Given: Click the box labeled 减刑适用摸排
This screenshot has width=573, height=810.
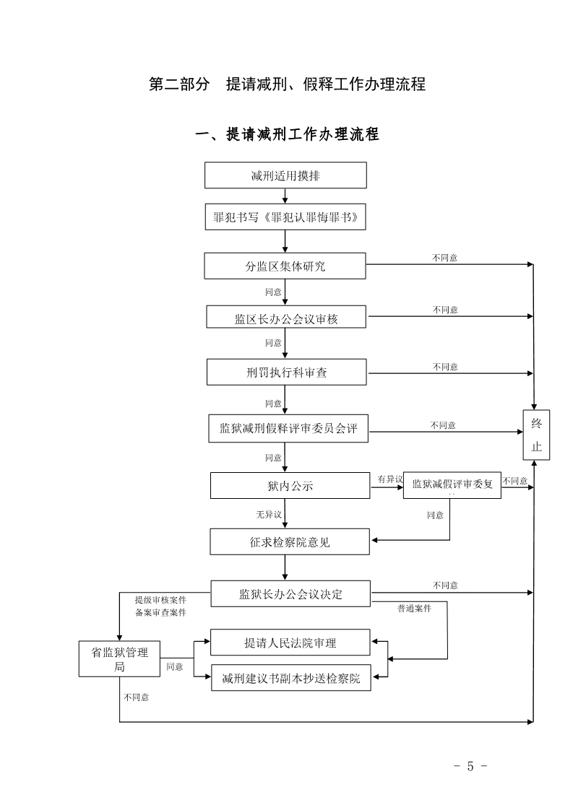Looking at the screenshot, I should click(x=285, y=175).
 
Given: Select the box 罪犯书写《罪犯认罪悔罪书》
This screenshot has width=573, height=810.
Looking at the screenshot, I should click(x=285, y=217).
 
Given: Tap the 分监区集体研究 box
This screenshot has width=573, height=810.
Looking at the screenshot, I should click(x=285, y=266).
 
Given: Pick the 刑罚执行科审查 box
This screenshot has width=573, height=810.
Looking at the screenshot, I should click(x=286, y=373).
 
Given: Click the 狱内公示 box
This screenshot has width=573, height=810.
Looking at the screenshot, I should click(x=290, y=486).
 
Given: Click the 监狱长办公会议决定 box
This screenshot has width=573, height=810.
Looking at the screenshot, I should click(x=290, y=594).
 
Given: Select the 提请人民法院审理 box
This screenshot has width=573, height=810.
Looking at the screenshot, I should click(x=290, y=642).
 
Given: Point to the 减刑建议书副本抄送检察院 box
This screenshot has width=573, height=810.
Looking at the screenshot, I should click(x=290, y=678).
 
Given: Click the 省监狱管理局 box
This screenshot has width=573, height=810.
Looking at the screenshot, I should click(x=119, y=658).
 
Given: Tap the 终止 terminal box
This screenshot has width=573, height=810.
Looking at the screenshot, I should click(x=536, y=435).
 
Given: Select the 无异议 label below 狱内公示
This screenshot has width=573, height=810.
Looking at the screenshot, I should click(x=268, y=515).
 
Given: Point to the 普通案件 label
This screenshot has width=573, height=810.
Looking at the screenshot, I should click(x=414, y=609).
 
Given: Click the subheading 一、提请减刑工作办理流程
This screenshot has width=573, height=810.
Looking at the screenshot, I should click(x=287, y=134).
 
